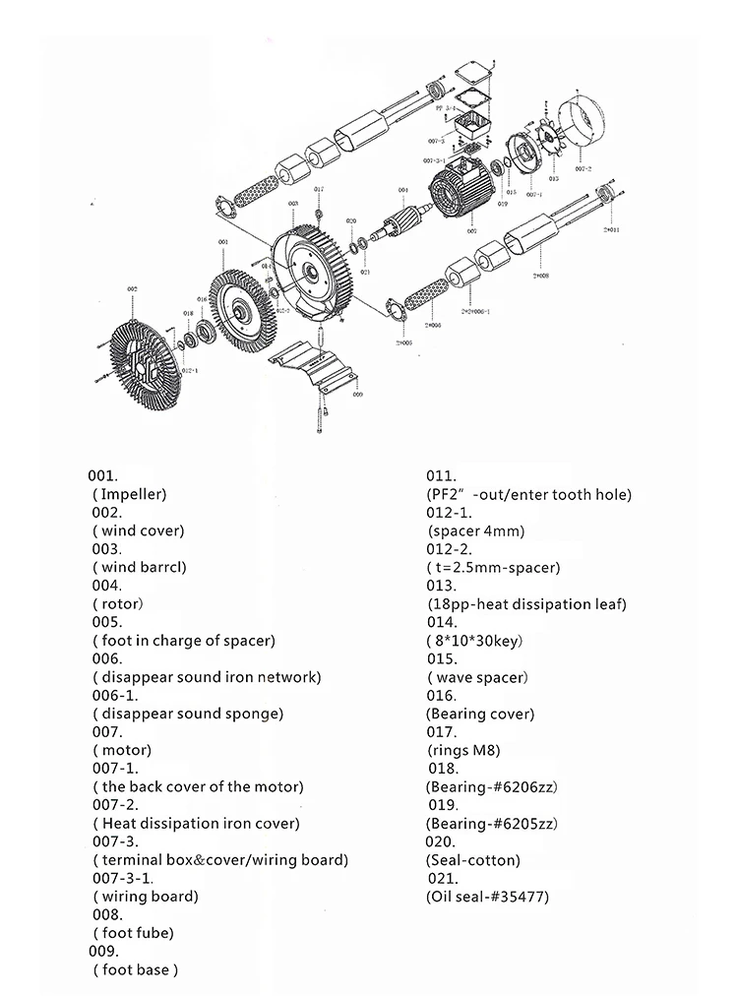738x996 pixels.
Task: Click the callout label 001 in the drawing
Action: pos(222,241)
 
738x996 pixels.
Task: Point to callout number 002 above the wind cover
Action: pos(131,287)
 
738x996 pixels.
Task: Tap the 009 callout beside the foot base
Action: pos(357,393)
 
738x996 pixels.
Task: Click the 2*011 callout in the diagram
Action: pos(611,229)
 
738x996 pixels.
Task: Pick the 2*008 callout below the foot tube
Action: pos(540,278)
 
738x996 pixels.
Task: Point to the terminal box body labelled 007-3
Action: pos(474,127)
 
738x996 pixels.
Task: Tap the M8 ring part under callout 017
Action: pos(319,214)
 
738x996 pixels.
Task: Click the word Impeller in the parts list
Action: pos(133,494)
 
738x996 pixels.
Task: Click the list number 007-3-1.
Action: pos(119,877)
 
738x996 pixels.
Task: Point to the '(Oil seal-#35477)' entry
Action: pos(487,897)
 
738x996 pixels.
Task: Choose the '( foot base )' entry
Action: pos(137,969)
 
